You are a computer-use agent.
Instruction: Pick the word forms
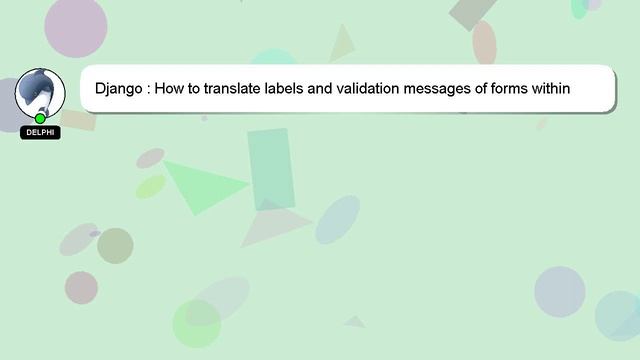pyautogui.click(x=515, y=88)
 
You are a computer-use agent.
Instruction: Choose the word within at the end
pyautogui.click(x=553, y=88)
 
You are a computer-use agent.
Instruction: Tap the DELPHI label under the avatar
pyautogui.click(x=40, y=133)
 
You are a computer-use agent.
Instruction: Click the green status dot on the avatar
pyautogui.click(x=40, y=119)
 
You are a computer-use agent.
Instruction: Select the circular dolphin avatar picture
pyautogui.click(x=39, y=93)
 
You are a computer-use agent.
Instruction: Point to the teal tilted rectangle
pyautogui.click(x=271, y=169)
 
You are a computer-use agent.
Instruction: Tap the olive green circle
pyautogui.click(x=115, y=245)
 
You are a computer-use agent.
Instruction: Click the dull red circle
pyautogui.click(x=81, y=288)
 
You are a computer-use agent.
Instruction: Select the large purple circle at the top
pyautogui.click(x=76, y=26)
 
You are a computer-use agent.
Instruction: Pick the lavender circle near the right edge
pyautogui.click(x=559, y=291)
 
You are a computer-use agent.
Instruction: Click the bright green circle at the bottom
pyautogui.click(x=196, y=324)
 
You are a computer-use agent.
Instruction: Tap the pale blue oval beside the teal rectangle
pyautogui.click(x=338, y=220)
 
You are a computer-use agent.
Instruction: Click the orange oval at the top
pyautogui.click(x=484, y=43)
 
